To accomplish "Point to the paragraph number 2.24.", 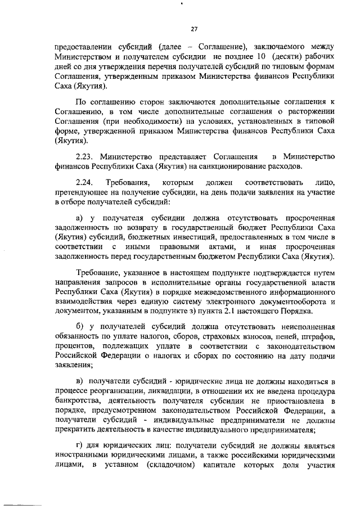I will [85, 183].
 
